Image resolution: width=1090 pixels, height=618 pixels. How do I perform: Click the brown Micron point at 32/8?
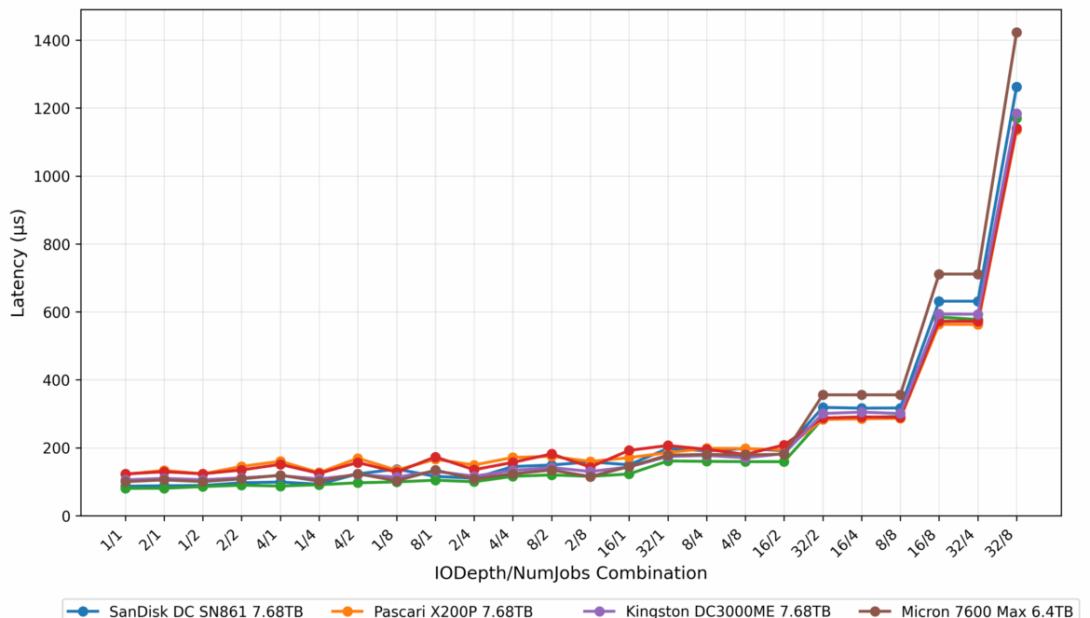pyautogui.click(x=1016, y=33)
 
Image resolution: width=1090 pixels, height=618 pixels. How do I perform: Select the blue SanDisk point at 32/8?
pyautogui.click(x=1016, y=87)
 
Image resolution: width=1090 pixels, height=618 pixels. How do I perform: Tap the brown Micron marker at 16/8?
pyautogui.click(x=939, y=274)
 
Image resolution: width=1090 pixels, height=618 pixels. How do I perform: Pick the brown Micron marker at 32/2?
pyautogui.click(x=823, y=394)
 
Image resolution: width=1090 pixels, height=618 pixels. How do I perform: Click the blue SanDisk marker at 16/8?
pyautogui.click(x=939, y=301)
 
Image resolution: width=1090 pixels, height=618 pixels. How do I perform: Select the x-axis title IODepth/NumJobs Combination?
pyautogui.click(x=570, y=572)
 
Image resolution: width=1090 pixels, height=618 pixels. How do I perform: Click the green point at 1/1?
pyautogui.click(x=125, y=488)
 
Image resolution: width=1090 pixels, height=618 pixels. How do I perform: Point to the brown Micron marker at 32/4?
pyautogui.click(x=977, y=274)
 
